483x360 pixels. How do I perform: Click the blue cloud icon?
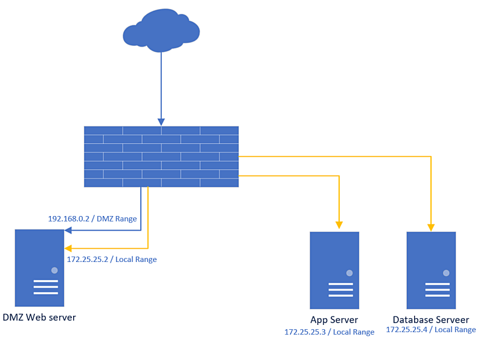coord(161,30)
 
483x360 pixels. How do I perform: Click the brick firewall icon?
coord(161,156)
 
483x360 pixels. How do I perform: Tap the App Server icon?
coord(334,270)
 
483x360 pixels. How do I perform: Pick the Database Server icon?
coord(431,270)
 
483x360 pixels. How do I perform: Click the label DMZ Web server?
coord(39,317)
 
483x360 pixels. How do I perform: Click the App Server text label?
coord(334,320)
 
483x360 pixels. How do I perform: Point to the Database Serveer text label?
coord(431,320)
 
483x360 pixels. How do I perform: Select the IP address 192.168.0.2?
coord(70,218)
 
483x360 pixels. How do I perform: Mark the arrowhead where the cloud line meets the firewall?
coord(161,122)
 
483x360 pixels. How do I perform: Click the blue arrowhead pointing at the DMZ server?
coord(68,230)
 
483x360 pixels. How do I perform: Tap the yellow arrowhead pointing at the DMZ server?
coord(68,248)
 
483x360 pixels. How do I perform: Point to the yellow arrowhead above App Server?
coord(339,226)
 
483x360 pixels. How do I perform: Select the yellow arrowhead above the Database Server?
coord(431,227)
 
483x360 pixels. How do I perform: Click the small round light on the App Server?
coord(349,273)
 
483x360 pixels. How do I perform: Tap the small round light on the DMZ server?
coord(54,270)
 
